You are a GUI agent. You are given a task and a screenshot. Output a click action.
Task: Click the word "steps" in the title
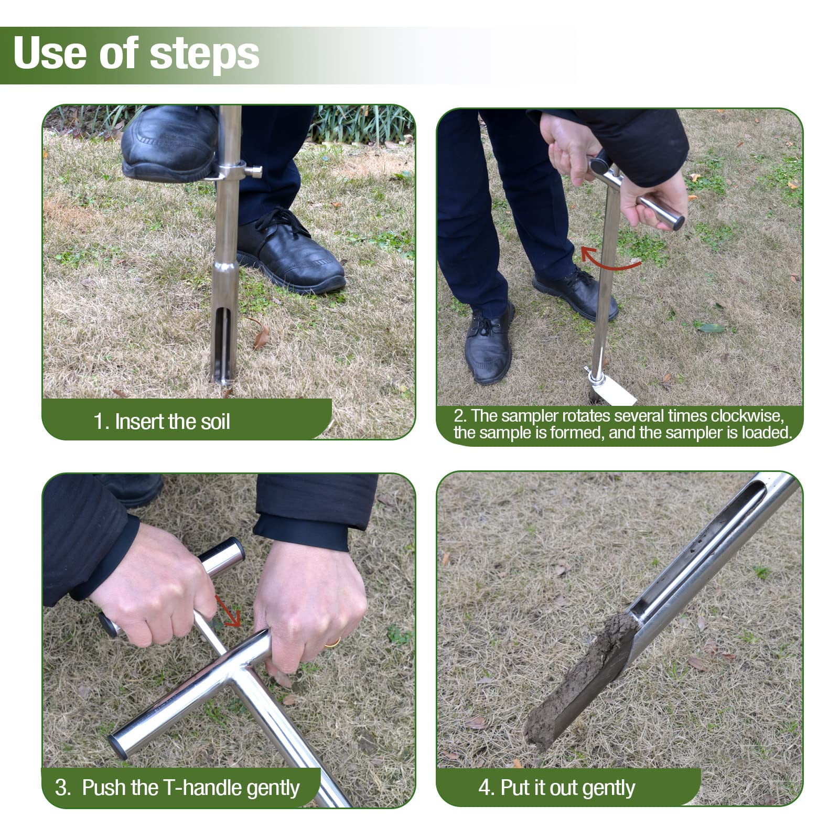click(x=204, y=53)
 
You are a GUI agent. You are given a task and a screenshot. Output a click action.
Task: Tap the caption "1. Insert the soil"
click(x=162, y=422)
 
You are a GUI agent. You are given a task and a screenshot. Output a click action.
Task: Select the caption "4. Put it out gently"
click(x=556, y=788)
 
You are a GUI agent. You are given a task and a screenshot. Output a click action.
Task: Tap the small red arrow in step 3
click(x=228, y=611)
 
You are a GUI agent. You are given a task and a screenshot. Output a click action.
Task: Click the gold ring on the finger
click(x=332, y=642)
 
